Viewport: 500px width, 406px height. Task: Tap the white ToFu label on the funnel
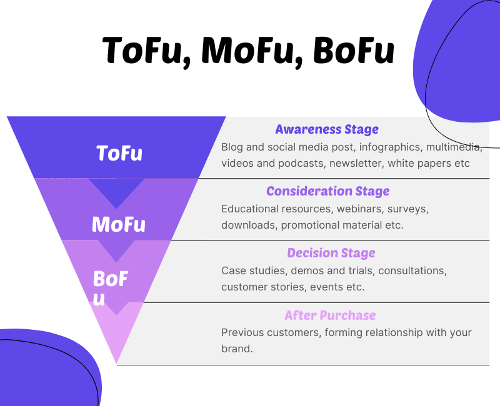(119, 153)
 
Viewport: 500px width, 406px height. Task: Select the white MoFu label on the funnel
(119, 224)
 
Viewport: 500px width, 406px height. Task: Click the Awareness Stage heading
(327, 129)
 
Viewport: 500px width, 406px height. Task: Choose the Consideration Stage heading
(327, 191)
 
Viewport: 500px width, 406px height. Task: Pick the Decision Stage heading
(331, 253)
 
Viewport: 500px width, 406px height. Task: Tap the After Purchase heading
(330, 315)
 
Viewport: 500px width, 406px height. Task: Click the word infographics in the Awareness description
(389, 147)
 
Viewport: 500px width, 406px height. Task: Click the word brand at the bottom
(237, 349)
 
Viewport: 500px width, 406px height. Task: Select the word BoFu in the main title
(354, 51)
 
